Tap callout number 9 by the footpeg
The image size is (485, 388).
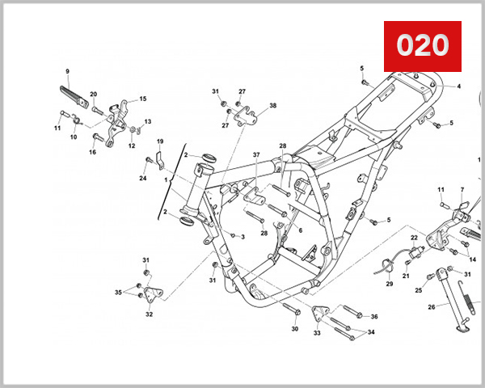point(67,71)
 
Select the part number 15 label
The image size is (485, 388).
point(143,99)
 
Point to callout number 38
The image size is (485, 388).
point(272,106)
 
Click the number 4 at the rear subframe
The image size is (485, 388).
point(458,86)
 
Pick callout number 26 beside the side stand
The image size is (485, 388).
point(432,306)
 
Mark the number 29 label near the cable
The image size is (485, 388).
point(389,284)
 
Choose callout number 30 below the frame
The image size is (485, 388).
point(294,329)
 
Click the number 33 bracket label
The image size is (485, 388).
point(317,332)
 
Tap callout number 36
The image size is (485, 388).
point(373,316)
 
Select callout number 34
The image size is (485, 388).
point(371,331)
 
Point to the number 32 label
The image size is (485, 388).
point(149,314)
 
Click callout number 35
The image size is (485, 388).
point(118,292)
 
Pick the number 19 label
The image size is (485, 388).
point(160,141)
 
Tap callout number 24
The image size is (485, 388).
point(143,178)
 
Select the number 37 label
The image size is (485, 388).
point(255,154)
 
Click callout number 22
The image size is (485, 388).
point(413,238)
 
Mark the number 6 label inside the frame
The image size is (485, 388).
point(300,230)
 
